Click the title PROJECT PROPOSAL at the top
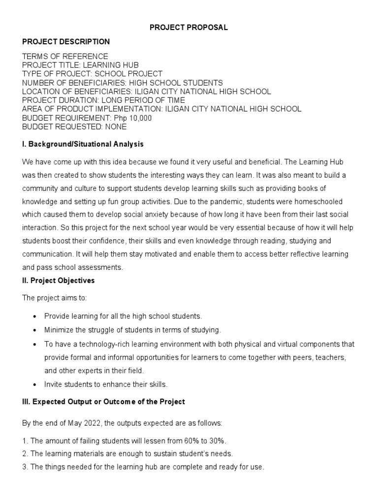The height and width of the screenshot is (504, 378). coord(189,28)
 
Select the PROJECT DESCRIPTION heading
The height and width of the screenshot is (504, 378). coord(66,42)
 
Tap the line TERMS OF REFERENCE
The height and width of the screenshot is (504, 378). coord(65,57)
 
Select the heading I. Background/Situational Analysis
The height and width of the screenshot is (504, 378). coord(83,144)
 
